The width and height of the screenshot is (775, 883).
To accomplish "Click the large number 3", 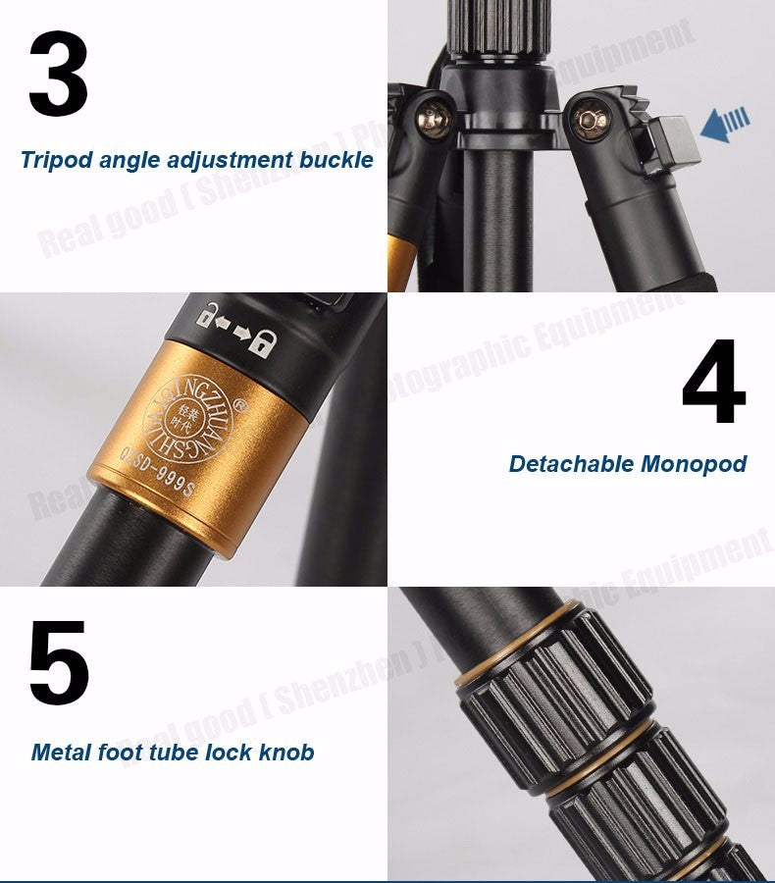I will pos(59,75).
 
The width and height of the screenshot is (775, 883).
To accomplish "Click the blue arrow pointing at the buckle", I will pos(725,125).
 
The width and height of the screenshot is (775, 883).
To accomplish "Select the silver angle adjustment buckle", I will pos(671,141).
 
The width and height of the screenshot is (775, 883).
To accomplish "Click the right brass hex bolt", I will pos(591,121).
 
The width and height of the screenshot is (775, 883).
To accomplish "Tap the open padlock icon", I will pos(208,316).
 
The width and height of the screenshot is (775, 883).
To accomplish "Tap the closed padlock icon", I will pos(262,342).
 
